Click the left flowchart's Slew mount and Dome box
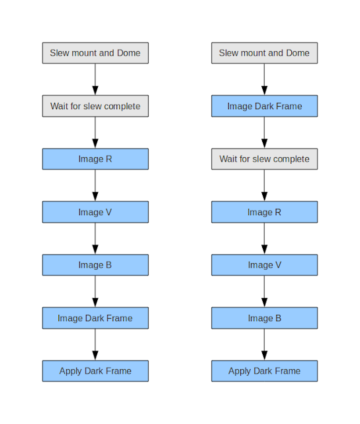pos(95,53)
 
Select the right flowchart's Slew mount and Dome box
pos(265,53)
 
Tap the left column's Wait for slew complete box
pos(95,106)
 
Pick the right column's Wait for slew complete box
pos(265,159)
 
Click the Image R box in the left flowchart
pos(95,159)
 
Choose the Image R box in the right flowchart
pos(265,212)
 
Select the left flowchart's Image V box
pos(95,212)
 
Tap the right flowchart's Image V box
pos(265,265)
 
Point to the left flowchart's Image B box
pos(95,265)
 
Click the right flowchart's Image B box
pos(265,318)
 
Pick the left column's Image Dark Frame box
pos(95,318)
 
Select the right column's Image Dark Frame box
pos(265,106)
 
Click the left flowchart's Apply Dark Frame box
pos(95,371)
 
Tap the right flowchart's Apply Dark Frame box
pos(265,371)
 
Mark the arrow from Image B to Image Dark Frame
pos(95,291)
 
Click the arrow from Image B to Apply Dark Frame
pos(265,344)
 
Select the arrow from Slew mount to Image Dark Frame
pos(265,79)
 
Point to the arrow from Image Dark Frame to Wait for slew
pos(265,132)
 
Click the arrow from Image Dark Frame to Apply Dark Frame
pos(95,344)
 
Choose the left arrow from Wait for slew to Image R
pos(95,132)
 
